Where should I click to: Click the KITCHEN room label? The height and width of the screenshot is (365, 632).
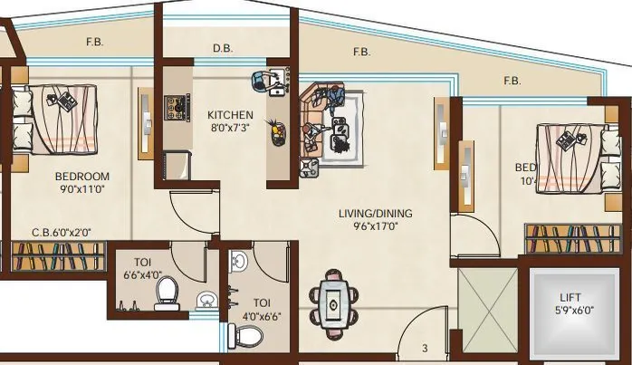pyautogui.click(x=229, y=115)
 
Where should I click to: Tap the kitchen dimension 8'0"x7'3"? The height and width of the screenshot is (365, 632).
pyautogui.click(x=229, y=129)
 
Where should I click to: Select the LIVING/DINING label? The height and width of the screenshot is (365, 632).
pyautogui.click(x=375, y=214)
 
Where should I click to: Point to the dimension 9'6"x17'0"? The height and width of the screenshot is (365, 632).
pyautogui.click(x=375, y=227)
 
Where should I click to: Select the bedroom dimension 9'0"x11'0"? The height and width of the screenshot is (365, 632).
pyautogui.click(x=81, y=190)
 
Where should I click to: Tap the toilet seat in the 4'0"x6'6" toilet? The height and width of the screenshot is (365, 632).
pyautogui.click(x=244, y=337)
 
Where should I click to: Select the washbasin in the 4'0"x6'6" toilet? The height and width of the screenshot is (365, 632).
pyautogui.click(x=237, y=263)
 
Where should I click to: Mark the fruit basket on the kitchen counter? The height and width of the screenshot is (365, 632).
pyautogui.click(x=273, y=131)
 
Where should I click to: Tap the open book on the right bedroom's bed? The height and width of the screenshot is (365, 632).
pyautogui.click(x=568, y=139)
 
